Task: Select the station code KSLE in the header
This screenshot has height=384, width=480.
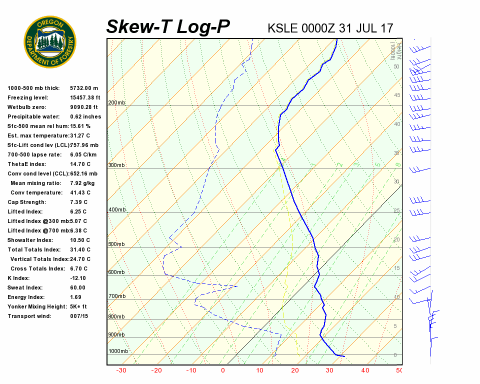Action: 282,28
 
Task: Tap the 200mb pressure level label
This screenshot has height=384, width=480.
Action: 117,103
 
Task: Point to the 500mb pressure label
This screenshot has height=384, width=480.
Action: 117,244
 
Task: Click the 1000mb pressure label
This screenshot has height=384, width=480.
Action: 118,351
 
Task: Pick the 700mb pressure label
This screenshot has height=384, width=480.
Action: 117,296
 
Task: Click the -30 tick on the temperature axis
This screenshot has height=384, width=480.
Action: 121,370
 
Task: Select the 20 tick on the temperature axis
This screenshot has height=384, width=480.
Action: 294,370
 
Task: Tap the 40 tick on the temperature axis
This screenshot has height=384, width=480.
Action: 365,370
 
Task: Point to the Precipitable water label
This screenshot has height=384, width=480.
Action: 32,116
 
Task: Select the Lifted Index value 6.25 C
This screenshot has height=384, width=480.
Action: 78,211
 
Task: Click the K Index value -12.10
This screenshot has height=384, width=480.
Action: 78,278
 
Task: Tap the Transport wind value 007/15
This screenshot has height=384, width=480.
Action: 79,316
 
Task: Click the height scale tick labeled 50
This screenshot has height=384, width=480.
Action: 396,66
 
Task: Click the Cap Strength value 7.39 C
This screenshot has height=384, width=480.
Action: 78,202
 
